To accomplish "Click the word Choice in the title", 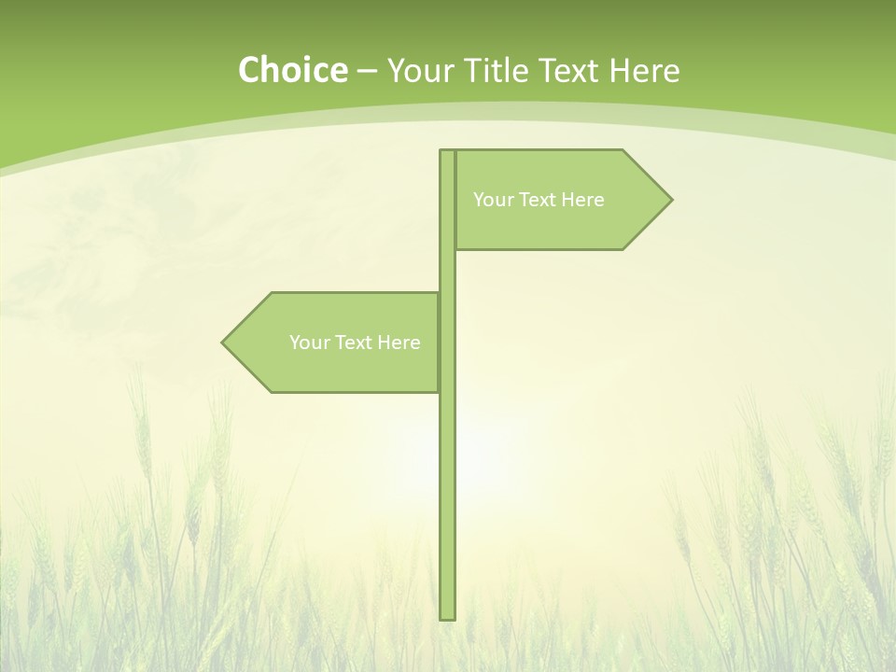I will click(292, 71).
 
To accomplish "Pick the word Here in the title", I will click(644, 71).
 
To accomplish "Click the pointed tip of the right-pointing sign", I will click(669, 199).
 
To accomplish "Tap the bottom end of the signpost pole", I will click(447, 616).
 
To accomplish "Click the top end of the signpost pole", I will click(447, 153).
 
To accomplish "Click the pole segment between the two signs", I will click(447, 271).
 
